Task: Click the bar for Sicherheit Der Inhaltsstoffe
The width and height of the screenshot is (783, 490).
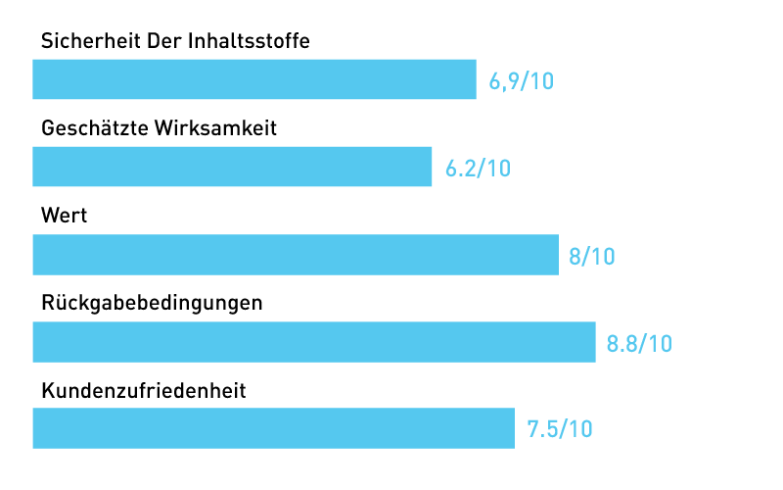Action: pos(254,79)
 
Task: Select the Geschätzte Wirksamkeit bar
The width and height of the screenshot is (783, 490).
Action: pos(232,167)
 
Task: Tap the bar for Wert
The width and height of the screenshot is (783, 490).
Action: pos(296,255)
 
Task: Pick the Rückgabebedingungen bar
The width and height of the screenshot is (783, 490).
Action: pos(314,342)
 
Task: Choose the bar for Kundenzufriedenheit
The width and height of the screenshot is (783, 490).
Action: pos(274,428)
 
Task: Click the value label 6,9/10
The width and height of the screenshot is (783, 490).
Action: pos(522,80)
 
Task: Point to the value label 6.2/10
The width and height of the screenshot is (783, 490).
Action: pos(478,168)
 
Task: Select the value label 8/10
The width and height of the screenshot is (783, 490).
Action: pos(591,256)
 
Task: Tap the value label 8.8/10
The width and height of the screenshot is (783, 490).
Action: pos(639,343)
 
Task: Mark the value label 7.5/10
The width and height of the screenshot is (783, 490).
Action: pos(560,429)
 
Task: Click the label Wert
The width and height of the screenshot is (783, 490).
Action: pos(65,216)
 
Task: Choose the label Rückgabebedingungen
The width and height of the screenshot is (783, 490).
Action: pos(152,304)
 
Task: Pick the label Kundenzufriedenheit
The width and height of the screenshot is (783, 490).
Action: pos(143,391)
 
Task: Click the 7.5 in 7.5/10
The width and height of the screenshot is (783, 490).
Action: pos(542,429)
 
